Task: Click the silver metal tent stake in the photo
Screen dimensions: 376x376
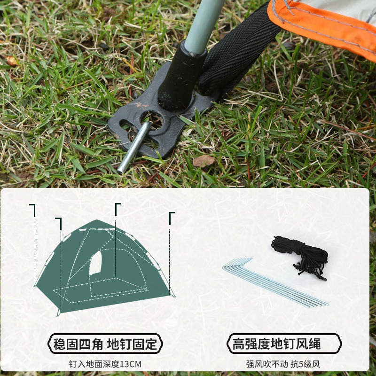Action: (134, 147)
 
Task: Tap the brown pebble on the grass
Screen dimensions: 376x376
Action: (204, 161)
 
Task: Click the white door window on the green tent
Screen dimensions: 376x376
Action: (95, 263)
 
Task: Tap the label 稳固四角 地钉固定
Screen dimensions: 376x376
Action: (105, 344)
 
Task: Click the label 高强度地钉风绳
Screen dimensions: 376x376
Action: (277, 344)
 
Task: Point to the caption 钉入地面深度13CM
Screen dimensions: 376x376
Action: (105, 364)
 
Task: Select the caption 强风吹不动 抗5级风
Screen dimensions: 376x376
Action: (283, 364)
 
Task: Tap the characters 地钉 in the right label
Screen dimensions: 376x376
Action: (283, 344)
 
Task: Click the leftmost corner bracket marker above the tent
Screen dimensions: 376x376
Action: (32, 210)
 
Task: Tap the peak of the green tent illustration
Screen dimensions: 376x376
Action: (97, 220)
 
